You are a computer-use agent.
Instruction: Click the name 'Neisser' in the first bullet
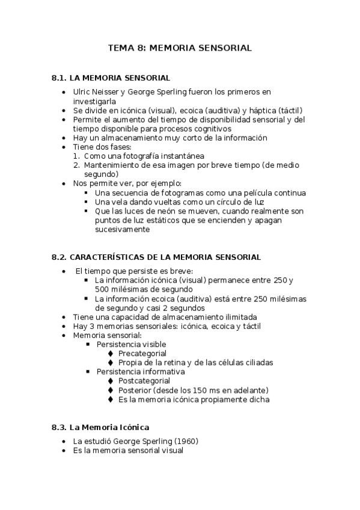click(x=106, y=92)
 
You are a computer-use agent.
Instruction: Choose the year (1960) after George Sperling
click(x=185, y=441)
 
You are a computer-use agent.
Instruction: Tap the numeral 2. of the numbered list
click(x=76, y=165)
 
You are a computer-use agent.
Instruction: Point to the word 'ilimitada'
click(x=236, y=317)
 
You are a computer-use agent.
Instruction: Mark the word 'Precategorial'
click(x=142, y=353)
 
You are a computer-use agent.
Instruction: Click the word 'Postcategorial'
click(x=144, y=381)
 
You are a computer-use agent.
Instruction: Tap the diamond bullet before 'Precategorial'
click(x=110, y=353)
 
